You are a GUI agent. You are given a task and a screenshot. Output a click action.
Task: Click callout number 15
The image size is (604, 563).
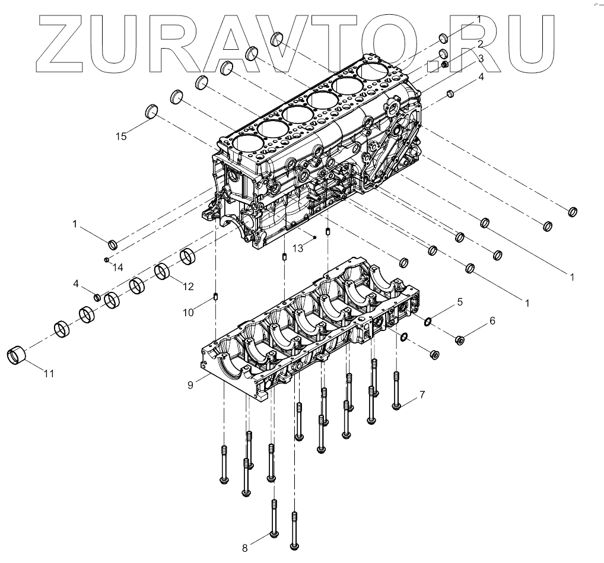[x=121, y=136]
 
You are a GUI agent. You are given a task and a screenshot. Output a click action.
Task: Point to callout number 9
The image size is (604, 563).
[x=190, y=385]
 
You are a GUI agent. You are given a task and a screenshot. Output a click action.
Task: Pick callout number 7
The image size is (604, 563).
[x=422, y=395]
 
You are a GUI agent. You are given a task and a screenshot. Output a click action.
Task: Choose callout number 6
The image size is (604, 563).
[x=491, y=321]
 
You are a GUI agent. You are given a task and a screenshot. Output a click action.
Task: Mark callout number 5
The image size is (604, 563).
[x=459, y=301]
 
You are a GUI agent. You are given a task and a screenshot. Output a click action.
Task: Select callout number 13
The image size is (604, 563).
[x=297, y=248]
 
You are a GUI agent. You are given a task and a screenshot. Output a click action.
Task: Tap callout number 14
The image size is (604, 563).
[x=118, y=268]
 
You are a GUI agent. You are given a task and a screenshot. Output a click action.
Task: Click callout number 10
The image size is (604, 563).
[x=188, y=311]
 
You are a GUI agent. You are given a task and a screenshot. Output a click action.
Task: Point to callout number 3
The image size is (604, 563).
[x=481, y=59]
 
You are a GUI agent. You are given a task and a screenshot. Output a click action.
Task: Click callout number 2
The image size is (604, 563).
[x=481, y=44]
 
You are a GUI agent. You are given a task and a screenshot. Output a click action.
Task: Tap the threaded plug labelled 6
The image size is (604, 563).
[x=459, y=340]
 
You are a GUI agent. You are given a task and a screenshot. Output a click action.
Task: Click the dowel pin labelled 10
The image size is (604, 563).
[x=217, y=297]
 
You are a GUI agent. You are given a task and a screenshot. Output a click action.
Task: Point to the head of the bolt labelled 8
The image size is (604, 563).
[x=274, y=535]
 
